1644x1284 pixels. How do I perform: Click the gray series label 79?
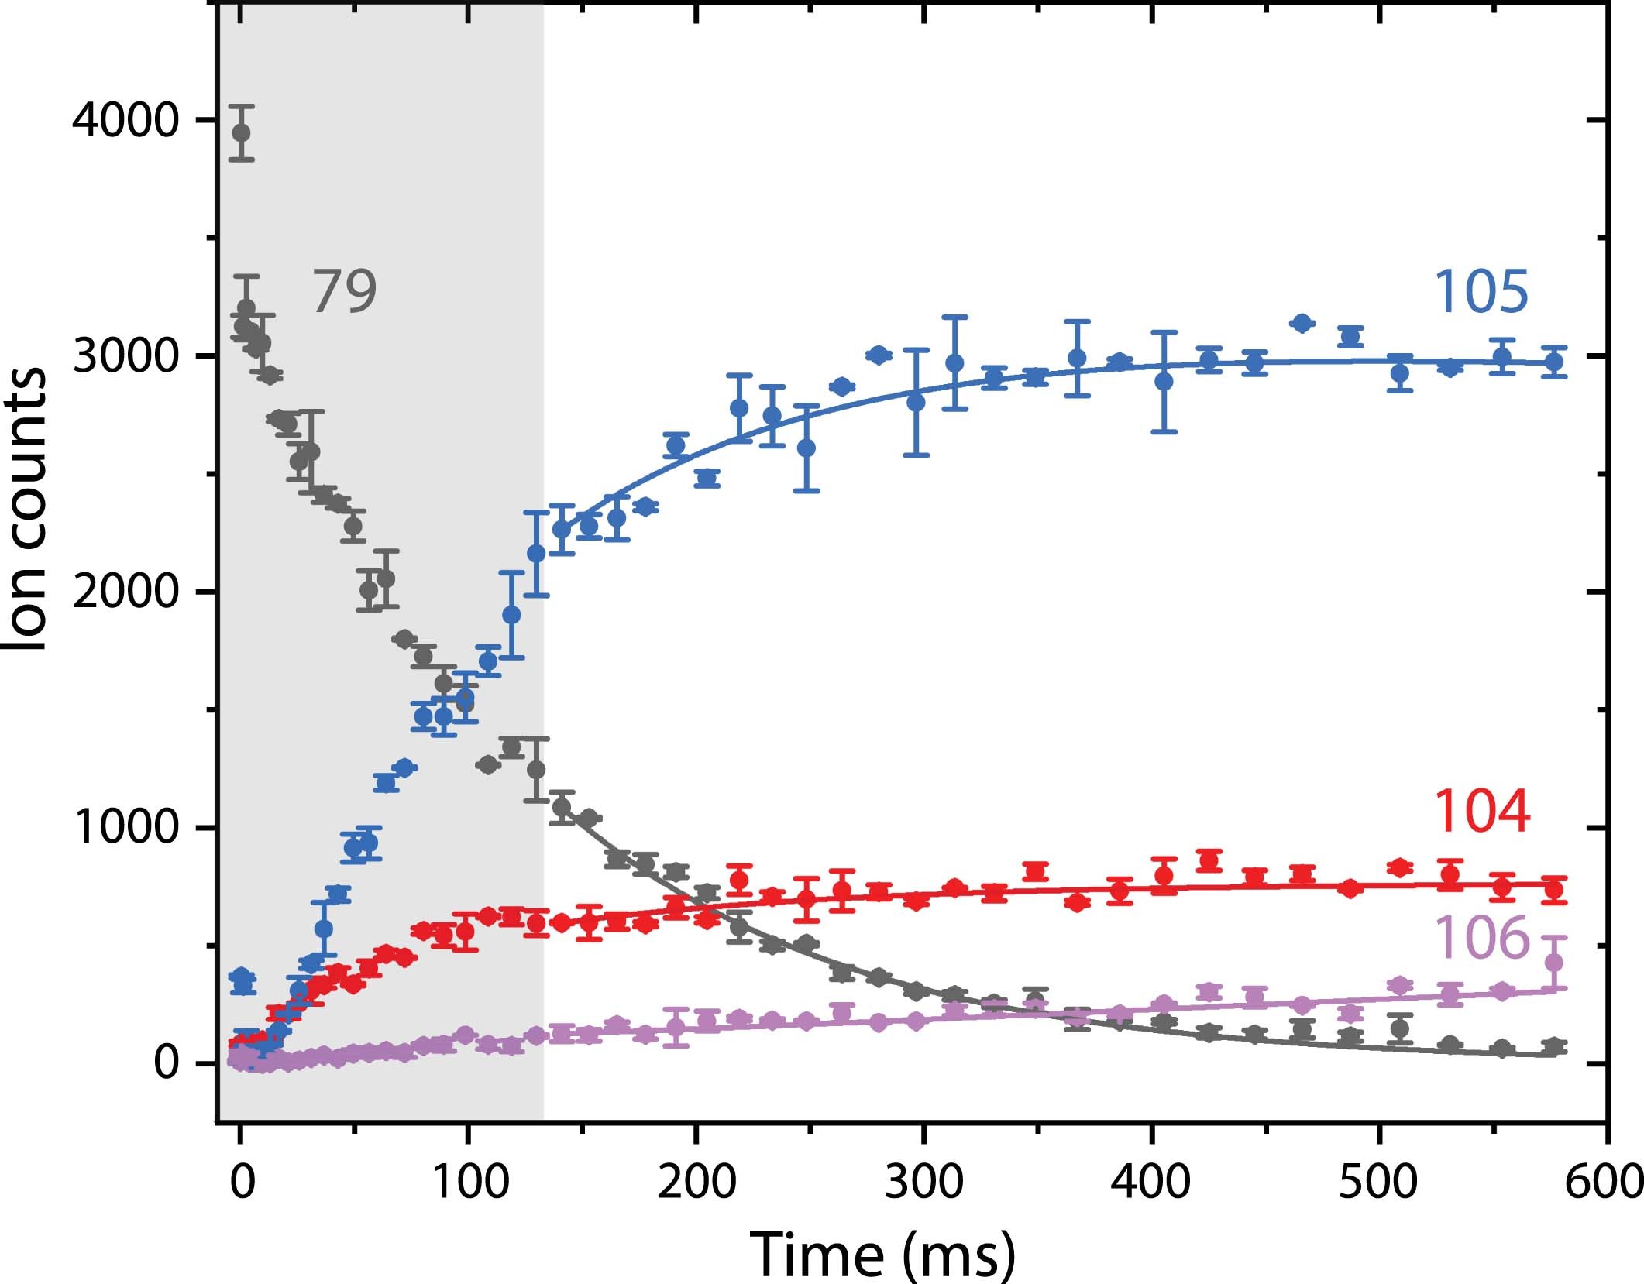(344, 293)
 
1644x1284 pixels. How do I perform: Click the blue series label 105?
(1481, 293)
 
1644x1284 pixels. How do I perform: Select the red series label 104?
(1481, 812)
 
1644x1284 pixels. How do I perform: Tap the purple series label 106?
(1482, 938)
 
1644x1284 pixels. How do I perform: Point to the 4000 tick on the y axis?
(125, 121)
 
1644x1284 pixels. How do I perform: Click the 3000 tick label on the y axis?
(125, 357)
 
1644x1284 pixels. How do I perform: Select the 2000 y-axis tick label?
(125, 593)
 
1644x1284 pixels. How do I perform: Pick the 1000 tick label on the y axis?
(125, 829)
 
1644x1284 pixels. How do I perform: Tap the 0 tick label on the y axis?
(167, 1064)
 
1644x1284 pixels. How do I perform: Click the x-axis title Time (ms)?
(882, 1253)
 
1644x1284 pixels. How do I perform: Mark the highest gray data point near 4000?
(241, 132)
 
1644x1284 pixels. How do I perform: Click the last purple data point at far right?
(1553, 963)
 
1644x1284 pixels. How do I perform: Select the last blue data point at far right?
(1553, 362)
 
